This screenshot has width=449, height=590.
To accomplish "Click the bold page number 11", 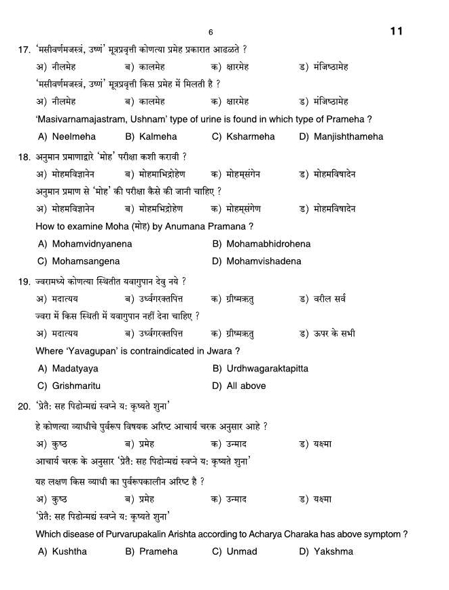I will click(397, 31).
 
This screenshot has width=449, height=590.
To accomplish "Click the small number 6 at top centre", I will click(211, 33).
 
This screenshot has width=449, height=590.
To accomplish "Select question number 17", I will click(24, 50).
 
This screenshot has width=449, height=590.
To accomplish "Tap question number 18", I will click(24, 157).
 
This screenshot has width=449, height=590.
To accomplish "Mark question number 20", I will click(24, 407).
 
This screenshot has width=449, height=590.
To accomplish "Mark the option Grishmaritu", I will click(76, 386).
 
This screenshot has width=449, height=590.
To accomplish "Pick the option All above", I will click(246, 386).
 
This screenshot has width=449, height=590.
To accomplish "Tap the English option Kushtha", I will click(69, 552).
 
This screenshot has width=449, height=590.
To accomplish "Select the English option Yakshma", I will click(334, 552).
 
